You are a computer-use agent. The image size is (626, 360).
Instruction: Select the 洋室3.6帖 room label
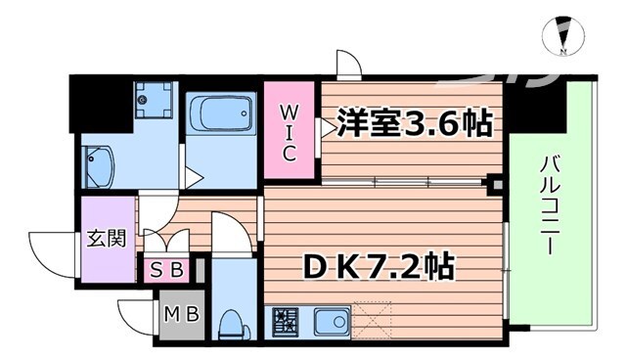pyautogui.click(x=414, y=125)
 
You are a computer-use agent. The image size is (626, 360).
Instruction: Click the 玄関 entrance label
pyautogui.click(x=109, y=239)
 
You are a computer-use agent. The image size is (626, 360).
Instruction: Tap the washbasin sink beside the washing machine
pyautogui.click(x=99, y=166)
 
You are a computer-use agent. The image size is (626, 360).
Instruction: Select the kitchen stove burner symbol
pyautogui.click(x=285, y=321)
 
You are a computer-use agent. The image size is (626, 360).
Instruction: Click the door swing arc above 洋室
pyautogui.click(x=349, y=65)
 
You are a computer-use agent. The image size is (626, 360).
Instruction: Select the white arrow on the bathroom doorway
pyautogui.click(x=194, y=178)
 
